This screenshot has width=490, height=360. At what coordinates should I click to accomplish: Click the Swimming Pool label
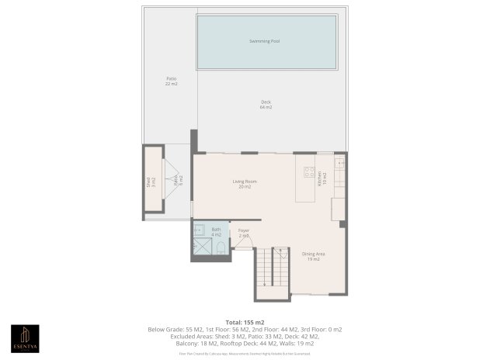click(265, 40)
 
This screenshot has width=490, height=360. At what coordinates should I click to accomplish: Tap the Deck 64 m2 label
click(266, 105)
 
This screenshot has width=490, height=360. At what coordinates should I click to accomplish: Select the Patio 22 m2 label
click(171, 81)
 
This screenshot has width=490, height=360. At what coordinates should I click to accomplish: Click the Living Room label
click(245, 184)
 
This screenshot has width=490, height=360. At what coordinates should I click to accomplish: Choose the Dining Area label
click(312, 256)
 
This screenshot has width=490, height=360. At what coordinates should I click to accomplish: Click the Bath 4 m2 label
click(216, 232)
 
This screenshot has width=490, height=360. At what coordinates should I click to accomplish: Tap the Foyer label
click(244, 232)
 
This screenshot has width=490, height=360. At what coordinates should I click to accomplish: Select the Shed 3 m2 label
click(151, 182)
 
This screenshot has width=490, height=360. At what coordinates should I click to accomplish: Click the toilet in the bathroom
click(221, 248)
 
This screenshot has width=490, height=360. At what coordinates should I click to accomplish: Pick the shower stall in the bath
click(201, 247)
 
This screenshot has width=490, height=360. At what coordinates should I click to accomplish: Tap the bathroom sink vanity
click(198, 230)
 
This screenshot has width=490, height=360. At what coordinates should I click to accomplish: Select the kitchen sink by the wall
click(339, 163)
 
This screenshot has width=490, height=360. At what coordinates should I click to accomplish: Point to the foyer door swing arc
click(243, 243)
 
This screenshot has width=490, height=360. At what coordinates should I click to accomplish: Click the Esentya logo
click(23, 336)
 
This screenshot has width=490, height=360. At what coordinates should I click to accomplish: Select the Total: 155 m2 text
click(245, 321)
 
